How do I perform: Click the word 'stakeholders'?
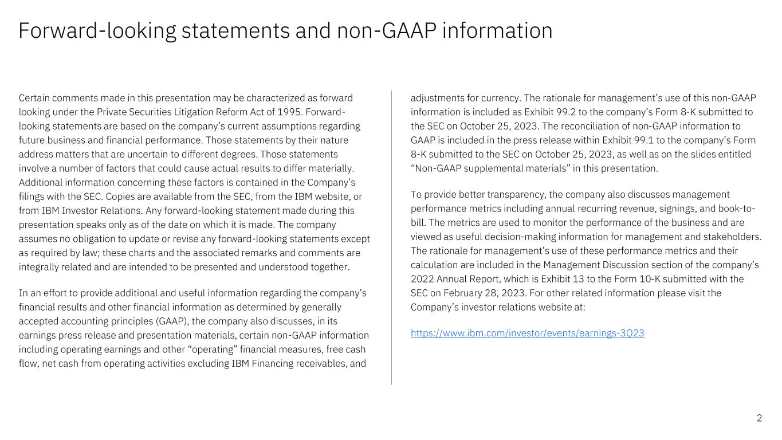coord(732,236)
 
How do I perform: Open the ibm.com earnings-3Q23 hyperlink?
coord(527,333)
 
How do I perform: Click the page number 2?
coord(759,418)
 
